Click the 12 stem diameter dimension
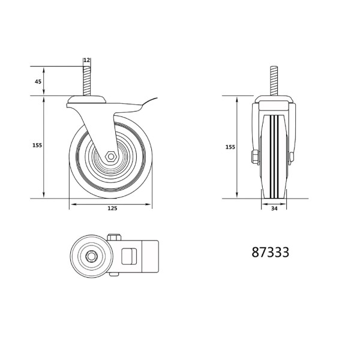click(87, 61)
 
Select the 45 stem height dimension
click(38, 82)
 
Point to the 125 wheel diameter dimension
click(112, 209)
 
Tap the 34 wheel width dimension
click(274, 209)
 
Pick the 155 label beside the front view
click(230, 146)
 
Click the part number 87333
click(271, 253)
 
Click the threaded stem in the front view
click(275, 81)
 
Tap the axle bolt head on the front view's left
click(254, 158)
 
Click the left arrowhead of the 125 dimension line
click(72, 205)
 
